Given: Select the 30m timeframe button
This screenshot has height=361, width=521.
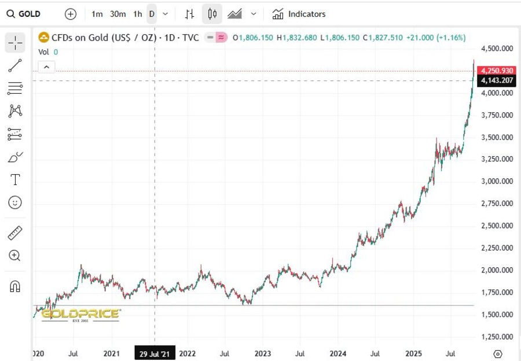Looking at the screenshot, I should [118, 14].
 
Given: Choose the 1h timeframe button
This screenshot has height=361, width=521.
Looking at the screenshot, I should [137, 14].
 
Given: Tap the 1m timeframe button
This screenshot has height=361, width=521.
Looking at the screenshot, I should [97, 14].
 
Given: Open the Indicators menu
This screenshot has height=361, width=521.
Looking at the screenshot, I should [299, 14].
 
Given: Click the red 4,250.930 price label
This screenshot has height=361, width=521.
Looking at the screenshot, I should [497, 71].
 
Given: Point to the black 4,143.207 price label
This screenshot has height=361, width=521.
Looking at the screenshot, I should [497, 81].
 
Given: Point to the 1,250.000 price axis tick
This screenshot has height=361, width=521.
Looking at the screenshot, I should [497, 337].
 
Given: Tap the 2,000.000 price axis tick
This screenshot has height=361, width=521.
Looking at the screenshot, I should [497, 270].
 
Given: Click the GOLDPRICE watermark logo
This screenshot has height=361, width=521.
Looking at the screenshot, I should [80, 314].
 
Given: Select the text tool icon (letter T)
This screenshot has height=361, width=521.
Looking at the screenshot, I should [15, 179].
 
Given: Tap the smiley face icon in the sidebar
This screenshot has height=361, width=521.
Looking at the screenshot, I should [15, 202].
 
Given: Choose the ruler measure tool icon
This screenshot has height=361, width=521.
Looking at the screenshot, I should [15, 233].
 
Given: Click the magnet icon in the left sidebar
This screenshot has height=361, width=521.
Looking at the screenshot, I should [15, 286].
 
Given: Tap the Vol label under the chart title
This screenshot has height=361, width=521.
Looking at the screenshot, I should [44, 51].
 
